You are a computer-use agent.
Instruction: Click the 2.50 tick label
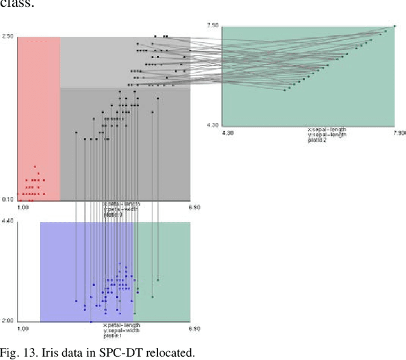[x=8, y=37]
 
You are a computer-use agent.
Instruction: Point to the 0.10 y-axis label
[x=8, y=200]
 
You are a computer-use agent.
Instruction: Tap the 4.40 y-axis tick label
[x=8, y=221]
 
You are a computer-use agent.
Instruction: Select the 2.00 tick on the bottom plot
[x=8, y=321]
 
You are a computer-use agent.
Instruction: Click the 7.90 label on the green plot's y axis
[x=213, y=25]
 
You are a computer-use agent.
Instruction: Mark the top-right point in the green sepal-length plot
[x=395, y=26]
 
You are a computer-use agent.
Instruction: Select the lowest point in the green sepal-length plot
[x=285, y=90]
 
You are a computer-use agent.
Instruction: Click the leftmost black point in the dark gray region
[x=76, y=132]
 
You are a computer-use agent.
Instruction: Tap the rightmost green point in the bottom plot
[x=158, y=280]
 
